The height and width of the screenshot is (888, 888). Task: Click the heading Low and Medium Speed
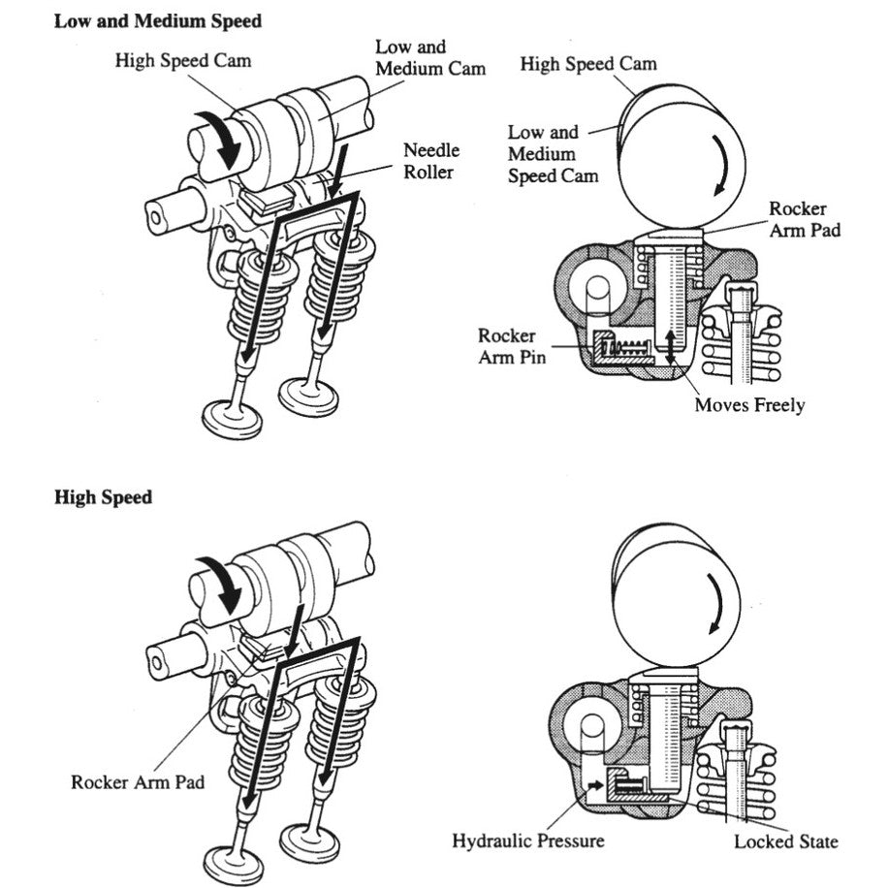(x=157, y=20)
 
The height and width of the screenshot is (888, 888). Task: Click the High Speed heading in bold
(x=104, y=497)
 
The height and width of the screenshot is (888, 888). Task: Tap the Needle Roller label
(x=431, y=161)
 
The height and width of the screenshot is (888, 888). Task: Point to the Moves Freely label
(x=748, y=405)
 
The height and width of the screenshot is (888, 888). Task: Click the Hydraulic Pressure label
(x=527, y=840)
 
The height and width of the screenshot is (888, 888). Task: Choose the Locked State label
(x=786, y=840)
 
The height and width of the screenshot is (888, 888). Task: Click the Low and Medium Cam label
(x=430, y=57)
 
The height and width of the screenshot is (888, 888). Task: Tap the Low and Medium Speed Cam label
(x=554, y=154)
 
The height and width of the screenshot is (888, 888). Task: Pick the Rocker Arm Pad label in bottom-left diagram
(x=138, y=781)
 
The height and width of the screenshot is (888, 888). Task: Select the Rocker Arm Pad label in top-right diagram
(x=799, y=219)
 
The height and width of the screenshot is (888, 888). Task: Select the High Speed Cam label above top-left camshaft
(x=183, y=60)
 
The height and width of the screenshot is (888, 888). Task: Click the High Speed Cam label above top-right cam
(x=587, y=65)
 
